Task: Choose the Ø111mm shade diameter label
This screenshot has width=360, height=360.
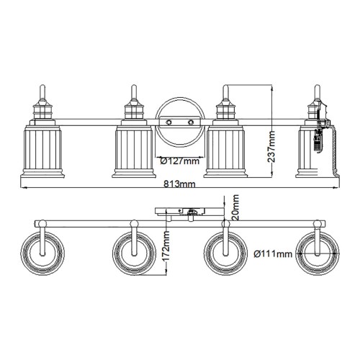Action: [274, 253]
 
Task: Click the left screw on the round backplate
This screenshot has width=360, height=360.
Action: [167, 123]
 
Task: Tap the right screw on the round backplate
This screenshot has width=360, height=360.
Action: [191, 123]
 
